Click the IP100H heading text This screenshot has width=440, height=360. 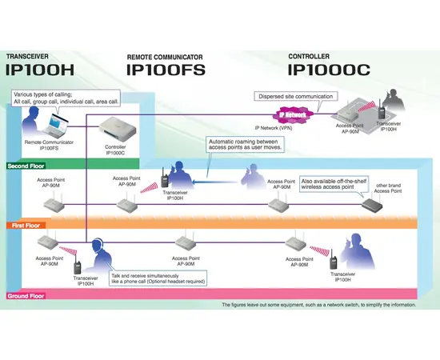(x=42, y=70)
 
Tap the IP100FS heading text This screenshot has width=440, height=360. (x=166, y=70)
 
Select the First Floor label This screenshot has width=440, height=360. (x=26, y=226)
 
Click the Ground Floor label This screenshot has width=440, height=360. (x=27, y=296)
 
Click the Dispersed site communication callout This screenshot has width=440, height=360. (x=294, y=97)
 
